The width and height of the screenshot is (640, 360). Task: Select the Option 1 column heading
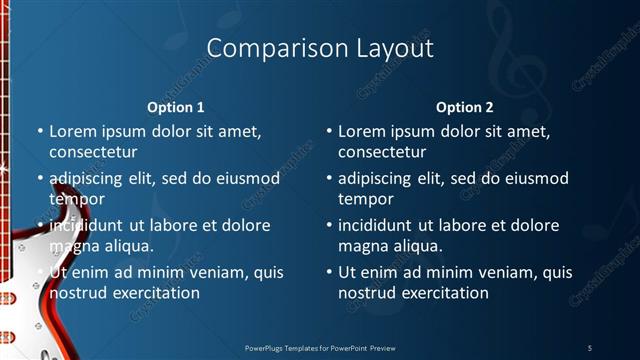[x=176, y=107]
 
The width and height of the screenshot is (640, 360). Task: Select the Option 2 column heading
[x=465, y=107]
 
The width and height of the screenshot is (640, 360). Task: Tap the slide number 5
[x=589, y=347]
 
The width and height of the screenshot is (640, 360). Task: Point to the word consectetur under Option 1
[x=93, y=153]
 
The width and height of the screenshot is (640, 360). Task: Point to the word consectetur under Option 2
[x=382, y=153]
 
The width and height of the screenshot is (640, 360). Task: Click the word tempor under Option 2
[x=366, y=199]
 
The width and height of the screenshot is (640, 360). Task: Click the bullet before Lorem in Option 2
[x=329, y=132]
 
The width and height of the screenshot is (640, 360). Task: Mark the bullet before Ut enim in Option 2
[x=329, y=272]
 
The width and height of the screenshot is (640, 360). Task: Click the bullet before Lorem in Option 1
[x=40, y=132]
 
